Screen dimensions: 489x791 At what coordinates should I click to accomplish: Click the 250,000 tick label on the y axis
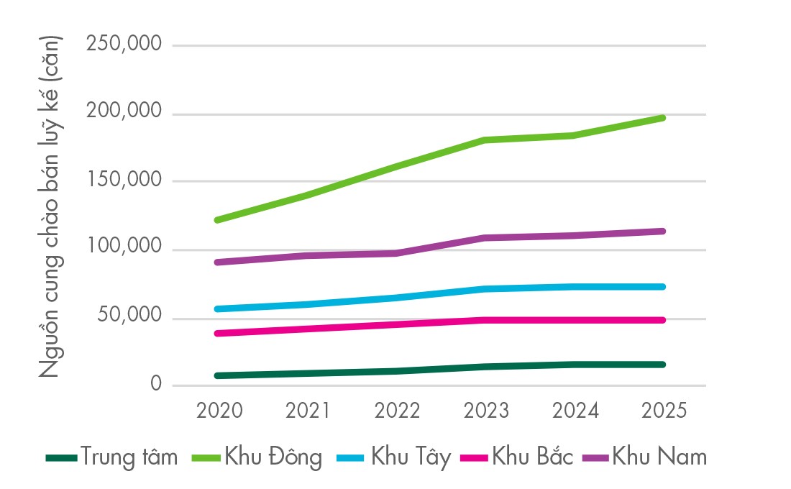pos(123,45)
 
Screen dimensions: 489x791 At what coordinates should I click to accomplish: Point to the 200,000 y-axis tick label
pos(123,113)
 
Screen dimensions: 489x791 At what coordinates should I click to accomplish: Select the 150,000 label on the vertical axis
pos(123,181)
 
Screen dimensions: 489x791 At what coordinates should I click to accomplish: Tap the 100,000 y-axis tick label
pos(123,249)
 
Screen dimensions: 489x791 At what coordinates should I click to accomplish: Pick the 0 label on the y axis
pos(155,385)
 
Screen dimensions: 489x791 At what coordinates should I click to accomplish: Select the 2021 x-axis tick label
pos(308,411)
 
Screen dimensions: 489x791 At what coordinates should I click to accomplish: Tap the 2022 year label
pos(397,411)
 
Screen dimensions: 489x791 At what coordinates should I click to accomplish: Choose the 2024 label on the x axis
pos(575,411)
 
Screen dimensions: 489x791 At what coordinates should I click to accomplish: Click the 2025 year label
pos(663,411)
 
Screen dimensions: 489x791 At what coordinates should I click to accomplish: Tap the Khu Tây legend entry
pos(411,457)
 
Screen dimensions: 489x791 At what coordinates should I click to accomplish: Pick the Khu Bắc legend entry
pos(533,457)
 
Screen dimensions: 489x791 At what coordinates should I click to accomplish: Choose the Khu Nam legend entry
pos(659,457)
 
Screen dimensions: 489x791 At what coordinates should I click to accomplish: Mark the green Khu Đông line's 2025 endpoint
pos(662,117)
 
